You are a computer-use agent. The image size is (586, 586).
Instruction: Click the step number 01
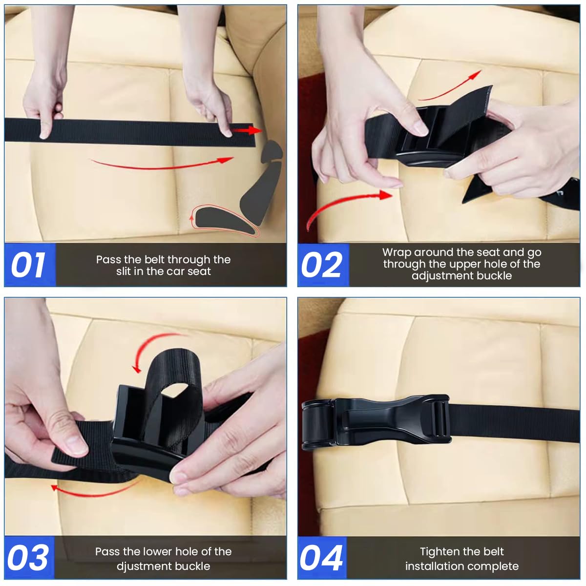click(x=28, y=265)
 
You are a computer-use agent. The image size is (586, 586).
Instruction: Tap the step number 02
click(x=322, y=265)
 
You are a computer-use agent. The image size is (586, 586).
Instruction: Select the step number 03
click(x=28, y=558)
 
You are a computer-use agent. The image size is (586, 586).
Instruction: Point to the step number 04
click(x=321, y=558)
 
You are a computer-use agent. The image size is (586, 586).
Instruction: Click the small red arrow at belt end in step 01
click(x=247, y=130)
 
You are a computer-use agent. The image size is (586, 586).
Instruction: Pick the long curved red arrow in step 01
click(x=161, y=164)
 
